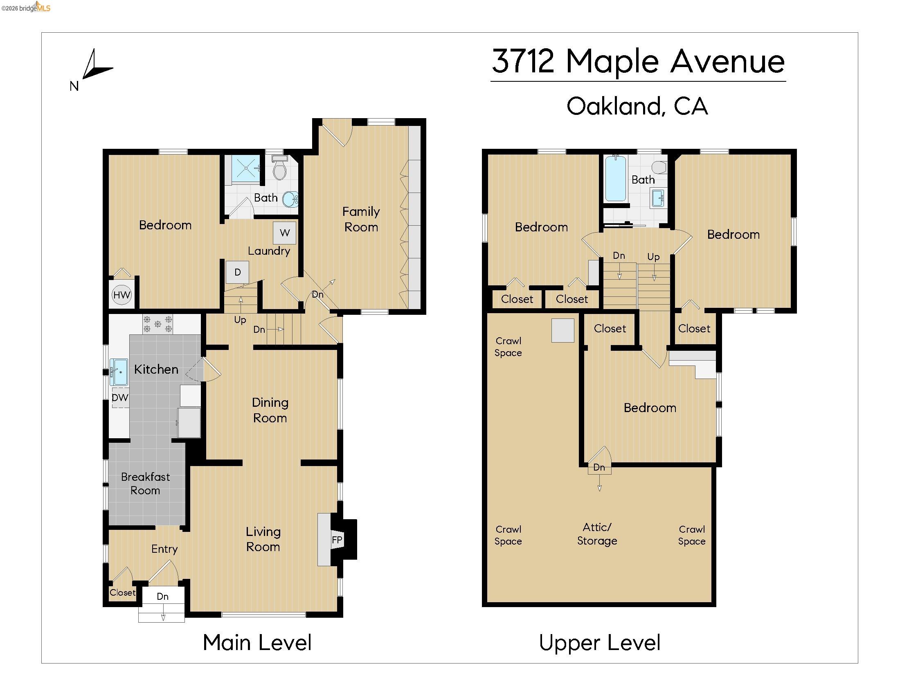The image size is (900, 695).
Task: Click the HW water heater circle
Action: [122, 295]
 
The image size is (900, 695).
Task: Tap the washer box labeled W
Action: [284, 233]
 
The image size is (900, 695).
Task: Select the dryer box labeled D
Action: [237, 272]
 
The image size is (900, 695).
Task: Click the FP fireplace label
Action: [337, 540]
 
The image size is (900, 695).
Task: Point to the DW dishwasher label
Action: [120, 398]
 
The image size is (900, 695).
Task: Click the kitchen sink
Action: [119, 372]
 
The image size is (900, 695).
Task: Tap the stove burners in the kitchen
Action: [157, 324]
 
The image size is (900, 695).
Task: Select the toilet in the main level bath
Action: [280, 169]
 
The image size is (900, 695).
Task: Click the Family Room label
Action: [361, 219]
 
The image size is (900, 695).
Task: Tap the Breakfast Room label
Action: [146, 483]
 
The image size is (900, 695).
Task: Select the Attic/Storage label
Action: [597, 534]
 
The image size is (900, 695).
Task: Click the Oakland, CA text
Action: [637, 106]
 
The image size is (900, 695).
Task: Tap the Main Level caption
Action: [257, 643]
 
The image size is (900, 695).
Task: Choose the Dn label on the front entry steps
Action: [162, 596]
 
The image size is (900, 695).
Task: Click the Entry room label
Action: [164, 549]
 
